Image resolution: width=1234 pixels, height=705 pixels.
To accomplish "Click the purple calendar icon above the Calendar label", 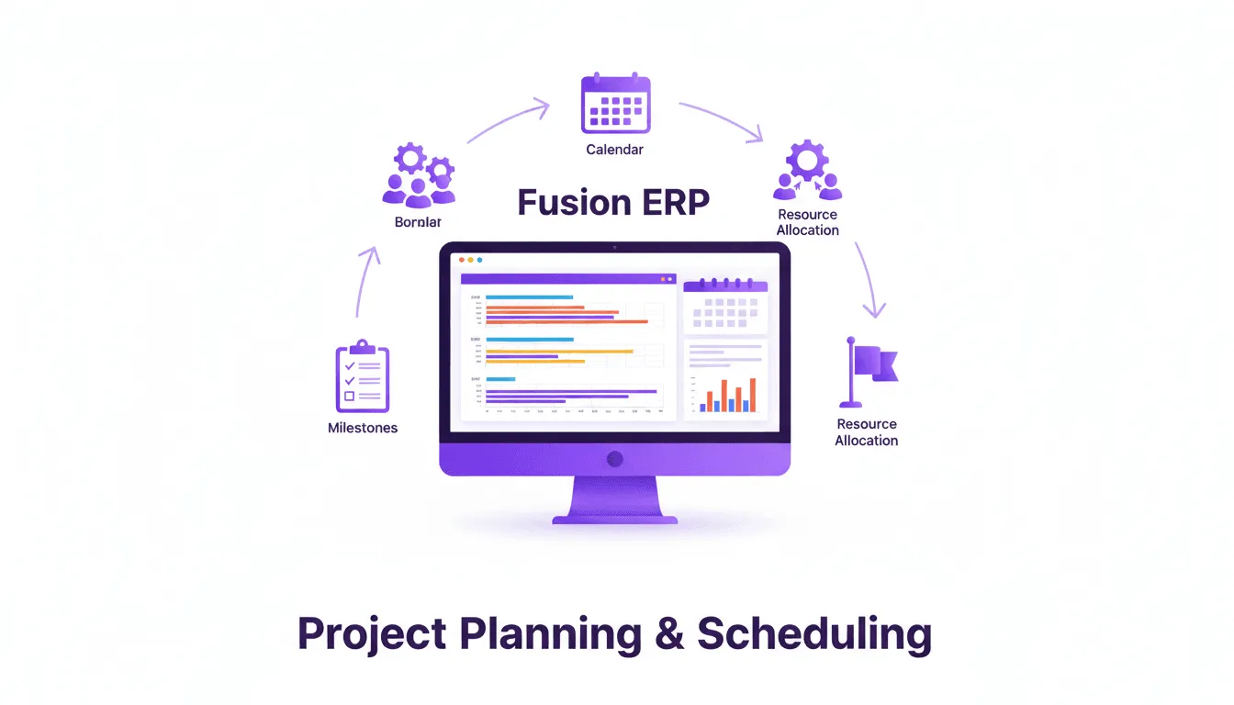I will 615,104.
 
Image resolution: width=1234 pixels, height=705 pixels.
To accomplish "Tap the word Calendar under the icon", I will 614,149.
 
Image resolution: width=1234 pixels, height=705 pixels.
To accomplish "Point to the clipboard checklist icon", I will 363,376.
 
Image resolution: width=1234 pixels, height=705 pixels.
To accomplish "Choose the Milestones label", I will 363,428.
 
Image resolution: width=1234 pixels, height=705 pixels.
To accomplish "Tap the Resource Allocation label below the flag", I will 866,432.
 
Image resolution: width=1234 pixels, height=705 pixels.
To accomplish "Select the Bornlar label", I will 418,222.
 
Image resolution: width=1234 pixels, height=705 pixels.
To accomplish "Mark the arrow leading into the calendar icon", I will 509,122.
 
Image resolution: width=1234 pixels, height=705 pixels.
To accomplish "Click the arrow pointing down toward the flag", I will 869,281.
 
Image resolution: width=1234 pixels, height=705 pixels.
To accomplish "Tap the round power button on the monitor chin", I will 615,458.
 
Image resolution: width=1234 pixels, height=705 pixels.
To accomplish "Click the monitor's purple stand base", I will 615,519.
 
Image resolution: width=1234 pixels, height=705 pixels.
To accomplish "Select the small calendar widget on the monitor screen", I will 725,307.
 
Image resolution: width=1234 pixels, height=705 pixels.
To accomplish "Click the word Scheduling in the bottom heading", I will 814,634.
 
